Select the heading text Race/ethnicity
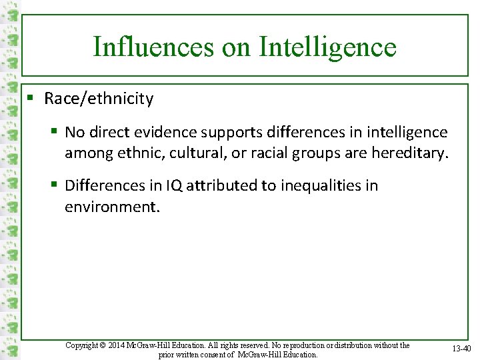point(99,99)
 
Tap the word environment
point(111,207)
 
